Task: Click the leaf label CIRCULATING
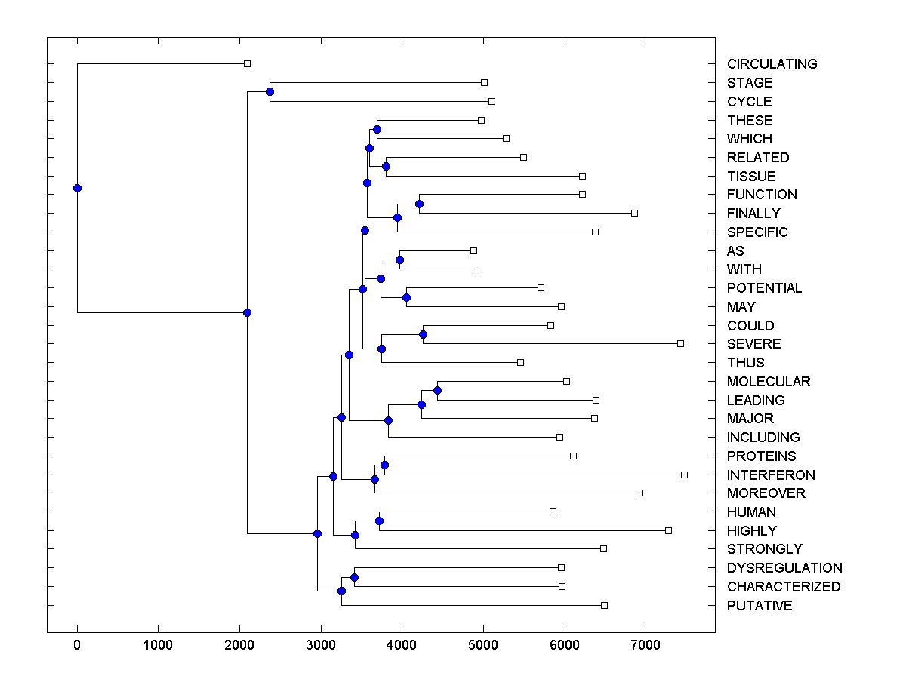[772, 64]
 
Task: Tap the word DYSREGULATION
[784, 568]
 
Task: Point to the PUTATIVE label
[760, 606]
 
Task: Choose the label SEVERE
[753, 344]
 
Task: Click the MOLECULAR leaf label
[769, 382]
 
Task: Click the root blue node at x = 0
[77, 188]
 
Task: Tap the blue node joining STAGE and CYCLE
[270, 91]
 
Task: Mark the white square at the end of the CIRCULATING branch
[247, 64]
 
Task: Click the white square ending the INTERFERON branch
[684, 475]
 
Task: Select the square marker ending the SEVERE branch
[680, 343]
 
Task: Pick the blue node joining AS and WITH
[399, 260]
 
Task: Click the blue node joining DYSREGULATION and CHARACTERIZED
[354, 577]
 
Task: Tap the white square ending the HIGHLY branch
[668, 530]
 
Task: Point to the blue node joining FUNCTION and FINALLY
[419, 204]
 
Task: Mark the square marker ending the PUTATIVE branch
[604, 605]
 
